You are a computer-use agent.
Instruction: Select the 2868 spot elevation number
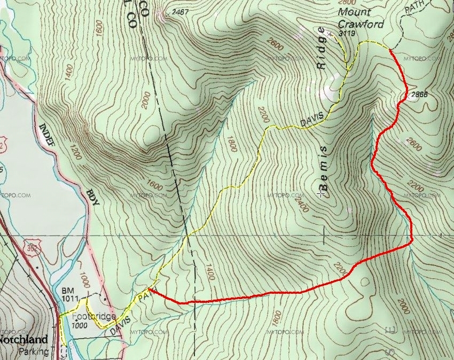tap(419, 95)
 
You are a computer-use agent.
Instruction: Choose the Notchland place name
tap(24, 339)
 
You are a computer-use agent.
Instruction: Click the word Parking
tap(33, 351)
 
